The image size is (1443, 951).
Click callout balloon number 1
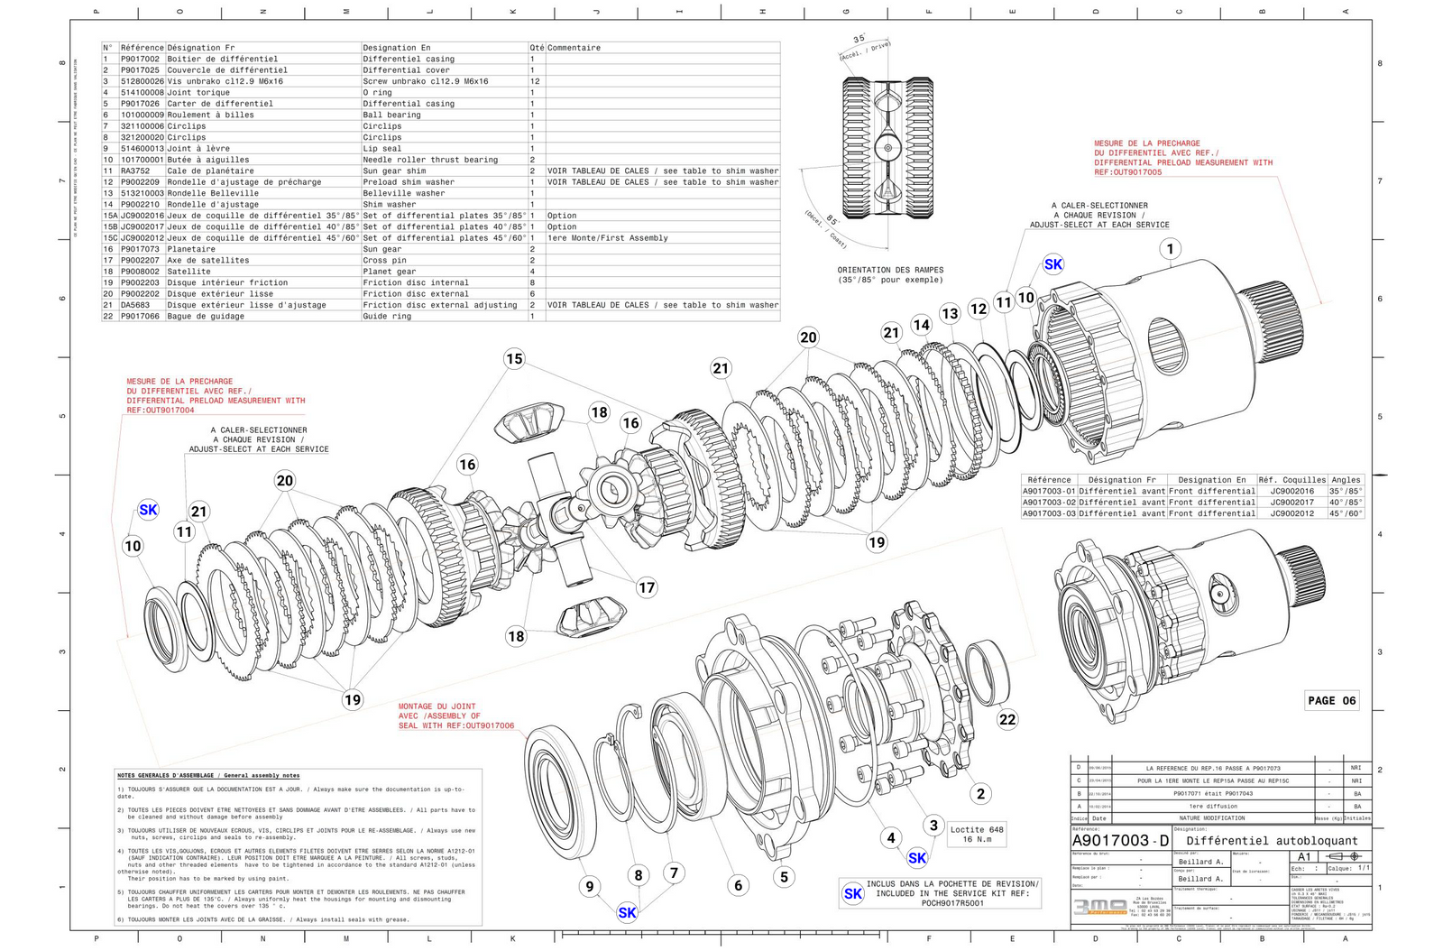[x=1170, y=249]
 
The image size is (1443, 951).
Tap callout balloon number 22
[x=1007, y=719]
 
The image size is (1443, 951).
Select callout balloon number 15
[x=514, y=358]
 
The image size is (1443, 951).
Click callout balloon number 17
[x=647, y=587]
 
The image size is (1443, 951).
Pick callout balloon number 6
[x=738, y=885]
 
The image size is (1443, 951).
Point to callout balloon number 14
[x=921, y=325]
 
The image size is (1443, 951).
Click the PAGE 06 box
[x=1331, y=700]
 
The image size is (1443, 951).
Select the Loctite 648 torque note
[x=976, y=834]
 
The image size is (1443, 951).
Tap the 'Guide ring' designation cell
[x=387, y=317]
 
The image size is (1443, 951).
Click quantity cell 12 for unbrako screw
[x=535, y=81]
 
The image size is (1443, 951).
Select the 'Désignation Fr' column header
[x=200, y=48]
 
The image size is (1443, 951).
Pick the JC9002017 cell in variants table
[x=1291, y=503]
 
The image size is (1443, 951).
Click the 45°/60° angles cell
[x=1346, y=513]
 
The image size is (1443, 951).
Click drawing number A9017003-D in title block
[x=1120, y=841]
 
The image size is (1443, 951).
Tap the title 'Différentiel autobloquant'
[x=1271, y=841]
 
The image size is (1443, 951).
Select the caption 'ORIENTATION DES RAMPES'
[x=889, y=270]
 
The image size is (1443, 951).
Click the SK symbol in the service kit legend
[x=852, y=893]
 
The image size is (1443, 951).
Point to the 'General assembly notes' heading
[x=208, y=775]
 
